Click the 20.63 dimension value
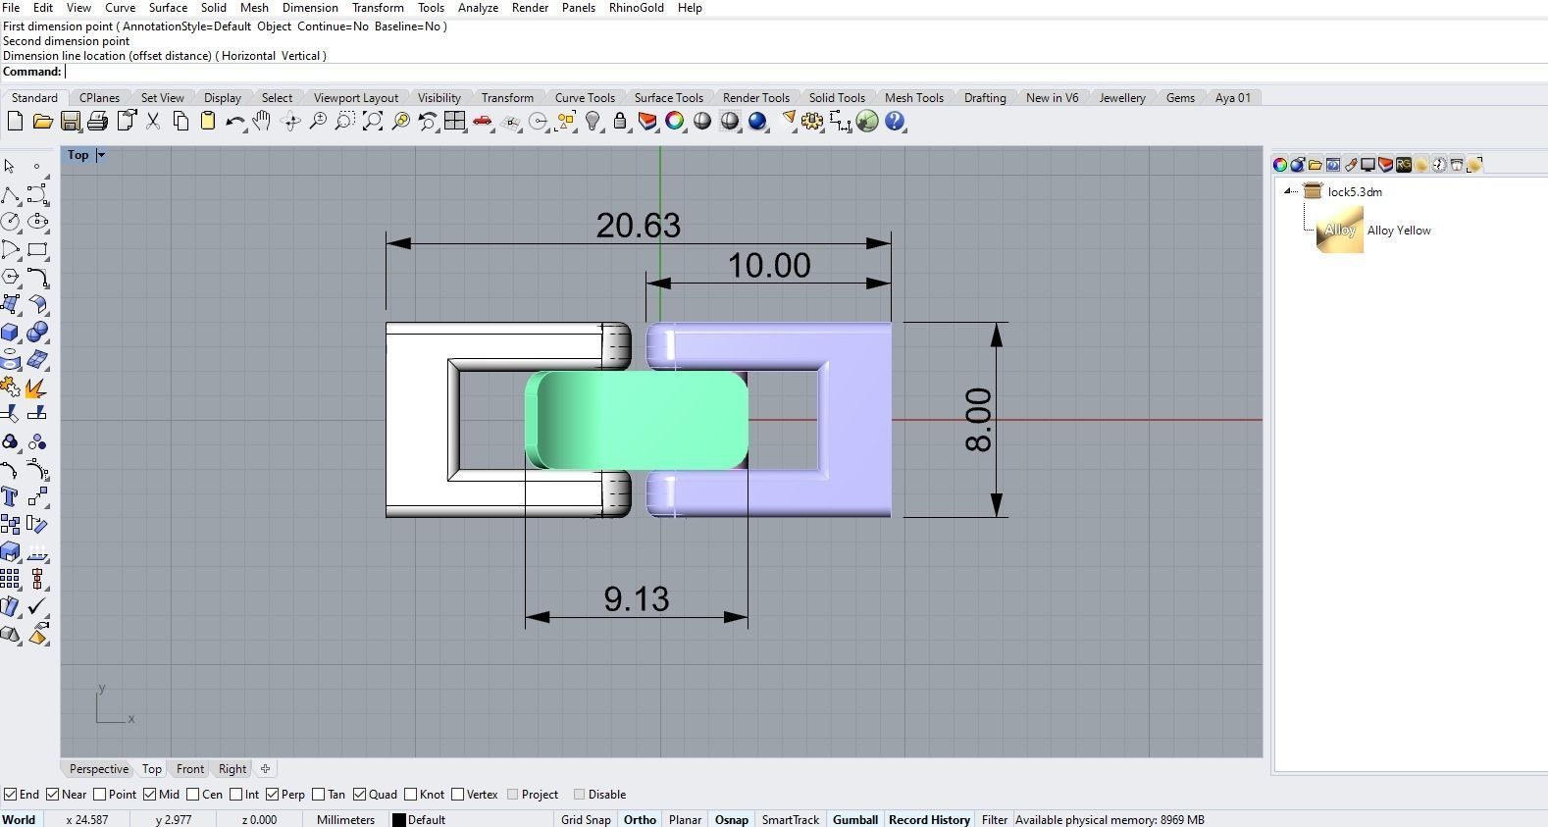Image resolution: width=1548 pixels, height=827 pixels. [x=638, y=226]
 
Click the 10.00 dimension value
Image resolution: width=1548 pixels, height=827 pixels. [x=769, y=266]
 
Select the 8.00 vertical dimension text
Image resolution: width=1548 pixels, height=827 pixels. [x=978, y=420]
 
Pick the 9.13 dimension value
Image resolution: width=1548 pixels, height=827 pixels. [x=637, y=599]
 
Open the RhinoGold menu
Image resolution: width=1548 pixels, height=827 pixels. [x=636, y=8]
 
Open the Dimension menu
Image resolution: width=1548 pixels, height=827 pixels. [x=310, y=8]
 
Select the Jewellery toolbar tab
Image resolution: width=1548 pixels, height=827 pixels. [x=1121, y=98]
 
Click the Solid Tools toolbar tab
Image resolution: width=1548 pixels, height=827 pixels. [x=836, y=98]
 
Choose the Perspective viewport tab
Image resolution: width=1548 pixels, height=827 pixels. [x=99, y=769]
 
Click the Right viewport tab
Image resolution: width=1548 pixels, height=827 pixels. [x=232, y=769]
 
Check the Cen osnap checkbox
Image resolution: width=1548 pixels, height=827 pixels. [x=193, y=795]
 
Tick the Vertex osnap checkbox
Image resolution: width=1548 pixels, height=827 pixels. [x=458, y=795]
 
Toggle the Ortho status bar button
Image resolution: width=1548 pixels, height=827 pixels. [x=640, y=820]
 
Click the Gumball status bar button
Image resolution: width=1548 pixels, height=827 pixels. [x=854, y=820]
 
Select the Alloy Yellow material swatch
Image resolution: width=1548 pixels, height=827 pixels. [x=1339, y=231]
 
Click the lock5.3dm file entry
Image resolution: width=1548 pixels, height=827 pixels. [x=1354, y=192]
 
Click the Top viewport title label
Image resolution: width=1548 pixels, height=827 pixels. [x=77, y=155]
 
